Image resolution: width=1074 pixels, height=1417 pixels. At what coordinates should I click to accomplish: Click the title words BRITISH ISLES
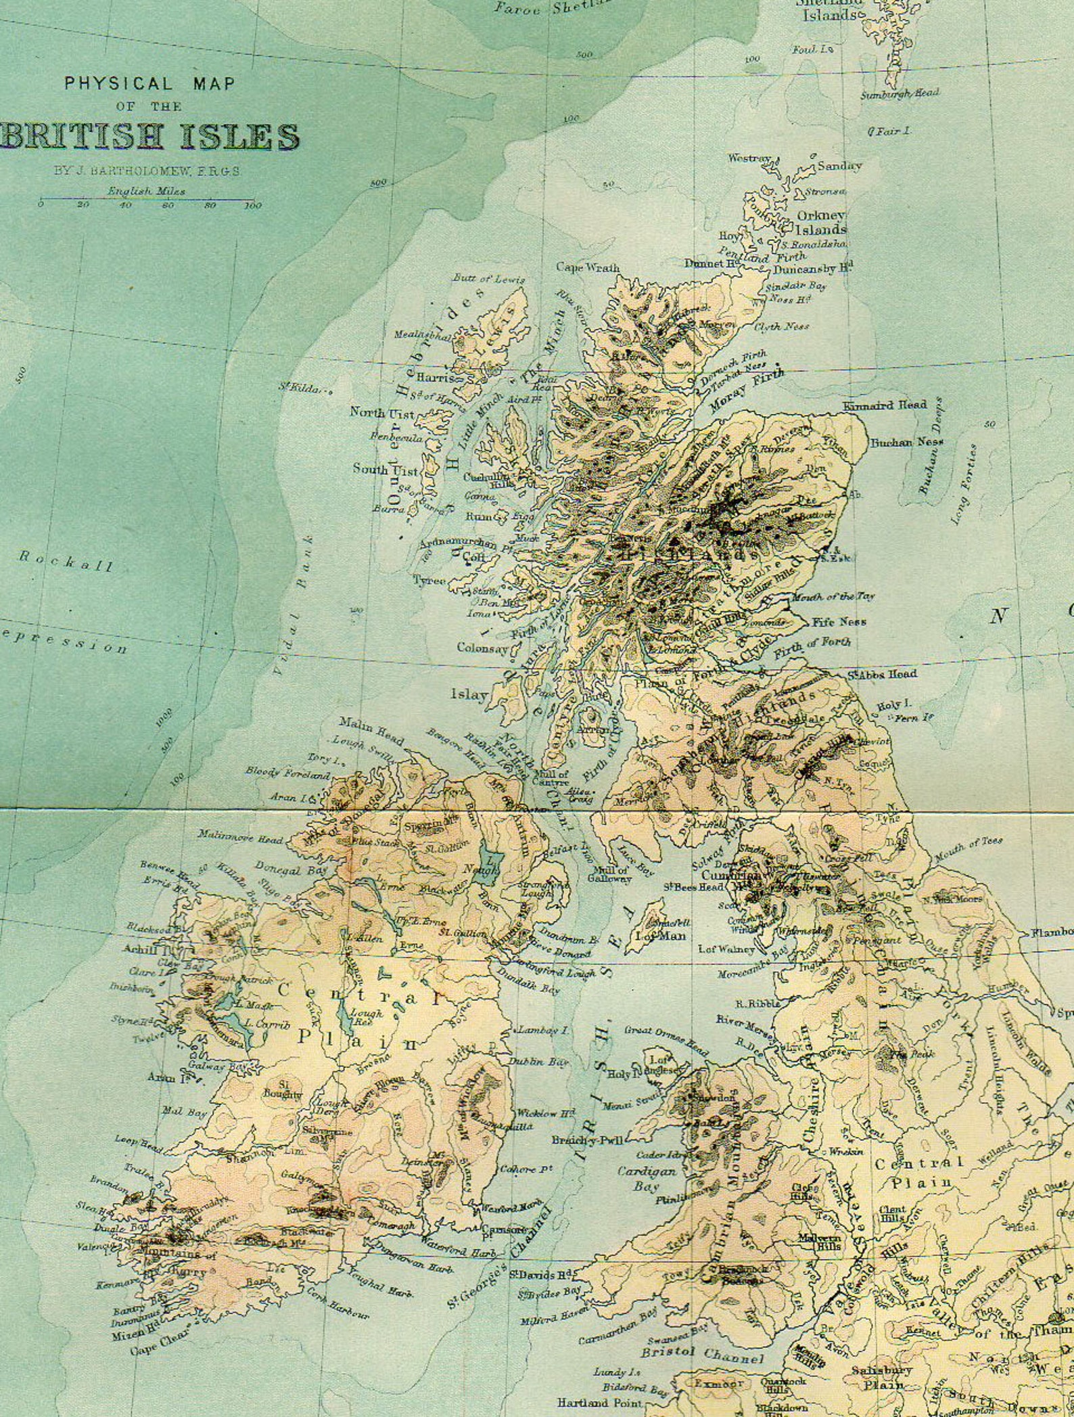[x=150, y=137]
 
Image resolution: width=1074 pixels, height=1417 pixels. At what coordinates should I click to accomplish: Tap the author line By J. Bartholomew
[x=147, y=172]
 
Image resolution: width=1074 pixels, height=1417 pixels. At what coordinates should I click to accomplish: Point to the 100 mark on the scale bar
[x=253, y=206]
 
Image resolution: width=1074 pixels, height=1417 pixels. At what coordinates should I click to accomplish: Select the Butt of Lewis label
[x=488, y=279]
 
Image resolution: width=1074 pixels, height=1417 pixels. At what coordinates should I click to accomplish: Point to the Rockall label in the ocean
[x=65, y=562]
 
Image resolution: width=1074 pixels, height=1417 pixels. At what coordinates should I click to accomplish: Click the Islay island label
[x=469, y=694]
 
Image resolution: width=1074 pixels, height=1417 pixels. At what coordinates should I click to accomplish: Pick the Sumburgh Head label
[x=900, y=94]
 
